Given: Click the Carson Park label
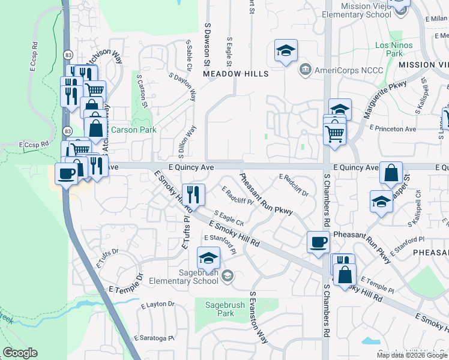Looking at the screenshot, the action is click(133, 130).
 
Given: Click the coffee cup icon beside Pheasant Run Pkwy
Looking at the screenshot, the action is click(318, 242).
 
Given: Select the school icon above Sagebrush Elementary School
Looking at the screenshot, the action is click(208, 257).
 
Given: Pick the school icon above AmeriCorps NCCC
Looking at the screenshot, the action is click(286, 50).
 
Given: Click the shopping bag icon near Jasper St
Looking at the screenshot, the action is click(391, 173).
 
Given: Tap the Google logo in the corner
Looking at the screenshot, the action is click(20, 353).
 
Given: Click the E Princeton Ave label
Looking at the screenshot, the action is click(393, 128).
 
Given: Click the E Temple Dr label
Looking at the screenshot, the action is click(125, 289).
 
